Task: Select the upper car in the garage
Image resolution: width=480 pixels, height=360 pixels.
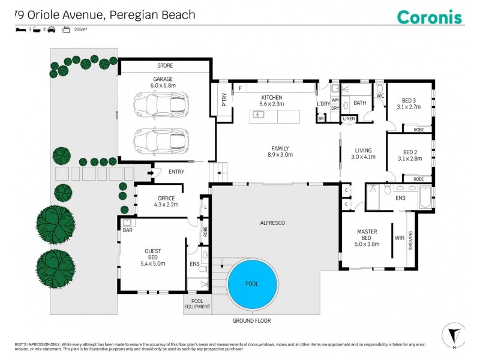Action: click(161, 104)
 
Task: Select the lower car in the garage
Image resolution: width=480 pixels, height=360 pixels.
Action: click(161, 142)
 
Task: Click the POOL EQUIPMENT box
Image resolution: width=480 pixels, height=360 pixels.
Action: click(197, 304)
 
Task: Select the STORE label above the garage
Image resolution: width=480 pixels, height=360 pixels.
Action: click(164, 65)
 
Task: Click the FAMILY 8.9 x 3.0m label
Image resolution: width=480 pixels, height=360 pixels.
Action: click(280, 151)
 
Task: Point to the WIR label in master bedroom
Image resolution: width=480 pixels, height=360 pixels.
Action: click(400, 238)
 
